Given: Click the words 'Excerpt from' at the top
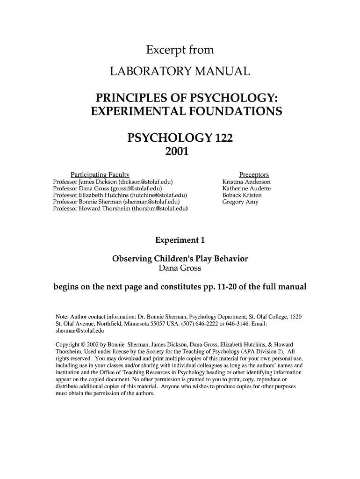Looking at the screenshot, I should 180,50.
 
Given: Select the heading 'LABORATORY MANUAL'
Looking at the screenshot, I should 180,72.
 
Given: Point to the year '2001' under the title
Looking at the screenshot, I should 180,152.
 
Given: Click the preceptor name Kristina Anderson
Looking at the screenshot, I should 246,181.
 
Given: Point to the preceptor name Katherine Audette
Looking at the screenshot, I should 246,189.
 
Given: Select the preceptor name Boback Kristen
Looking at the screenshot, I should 242,195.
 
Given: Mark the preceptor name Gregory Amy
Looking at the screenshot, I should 240,202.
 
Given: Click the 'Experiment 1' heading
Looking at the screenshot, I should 180,240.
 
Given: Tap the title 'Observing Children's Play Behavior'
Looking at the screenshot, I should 180,259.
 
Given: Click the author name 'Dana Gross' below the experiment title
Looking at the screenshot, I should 180,269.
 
